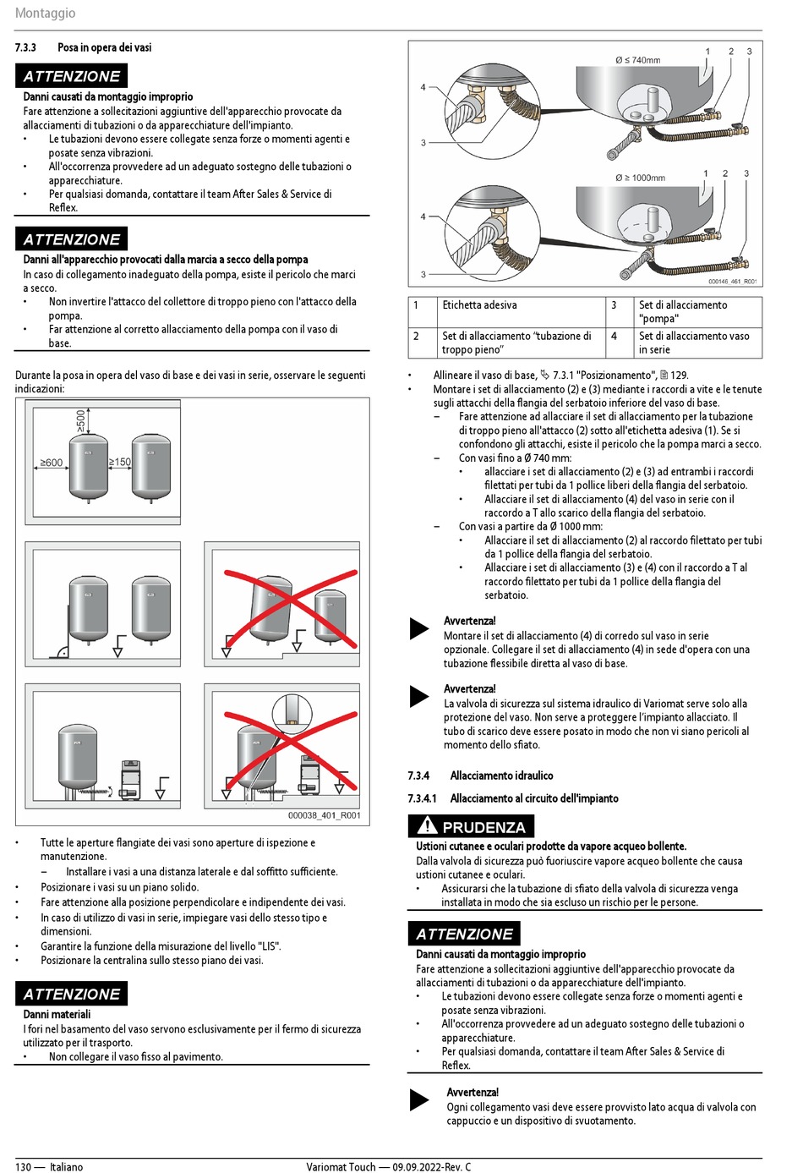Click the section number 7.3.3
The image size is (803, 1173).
tap(25, 47)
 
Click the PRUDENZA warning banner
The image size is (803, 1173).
tap(483, 827)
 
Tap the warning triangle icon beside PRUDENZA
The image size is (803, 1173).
tap(427, 825)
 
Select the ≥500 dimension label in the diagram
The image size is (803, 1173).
tap(81, 420)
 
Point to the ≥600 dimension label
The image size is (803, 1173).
tap(51, 463)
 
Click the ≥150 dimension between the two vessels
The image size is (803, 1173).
tap(120, 462)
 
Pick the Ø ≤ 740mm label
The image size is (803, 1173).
tap(638, 60)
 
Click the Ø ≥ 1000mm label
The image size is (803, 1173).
tap(640, 178)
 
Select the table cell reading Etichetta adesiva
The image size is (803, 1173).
tap(479, 305)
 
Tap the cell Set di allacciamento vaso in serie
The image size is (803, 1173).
tap(693, 343)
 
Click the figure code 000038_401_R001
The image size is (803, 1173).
tap(324, 815)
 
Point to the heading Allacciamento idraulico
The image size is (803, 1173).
tap(501, 776)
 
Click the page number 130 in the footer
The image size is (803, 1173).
tap(23, 1167)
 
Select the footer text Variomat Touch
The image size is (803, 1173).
tap(341, 1167)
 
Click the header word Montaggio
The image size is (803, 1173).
tap(45, 13)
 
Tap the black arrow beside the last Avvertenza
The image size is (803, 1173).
tap(419, 1099)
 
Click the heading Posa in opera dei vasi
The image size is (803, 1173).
tap(105, 47)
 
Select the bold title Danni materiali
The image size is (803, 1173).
tap(57, 1014)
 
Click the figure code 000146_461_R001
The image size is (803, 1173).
tap(732, 282)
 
